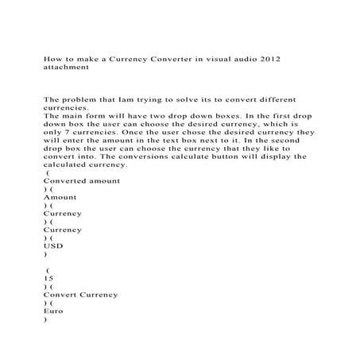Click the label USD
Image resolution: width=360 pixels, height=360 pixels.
(54, 246)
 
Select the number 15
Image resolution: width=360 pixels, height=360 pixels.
(49, 280)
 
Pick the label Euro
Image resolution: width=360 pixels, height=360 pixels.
(56, 312)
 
